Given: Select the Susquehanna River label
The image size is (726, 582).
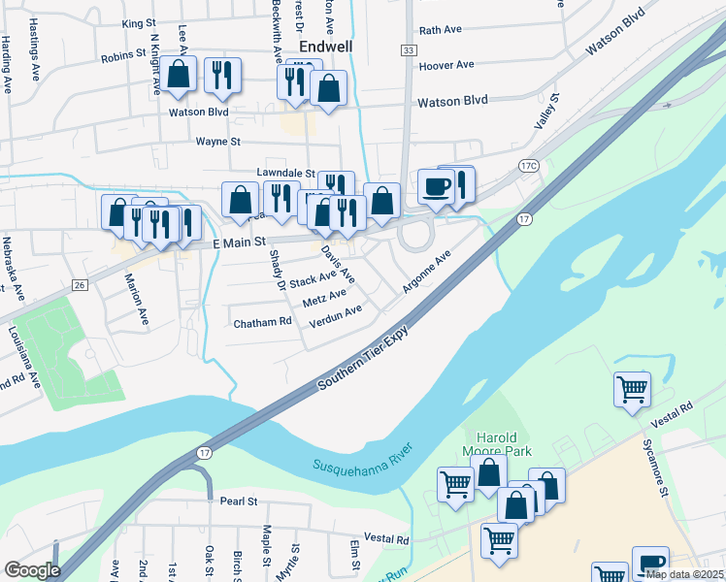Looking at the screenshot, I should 363,459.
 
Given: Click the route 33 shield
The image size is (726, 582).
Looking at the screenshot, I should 408,48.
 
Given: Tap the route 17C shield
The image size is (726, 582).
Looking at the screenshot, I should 528,166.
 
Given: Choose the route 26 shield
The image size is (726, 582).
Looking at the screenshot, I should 80,284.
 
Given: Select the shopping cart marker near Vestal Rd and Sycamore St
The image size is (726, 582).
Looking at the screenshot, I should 632,390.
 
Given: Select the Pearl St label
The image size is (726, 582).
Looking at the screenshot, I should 238,501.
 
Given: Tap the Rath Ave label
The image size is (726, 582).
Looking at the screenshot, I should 440,30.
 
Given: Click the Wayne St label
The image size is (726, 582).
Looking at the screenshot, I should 217,141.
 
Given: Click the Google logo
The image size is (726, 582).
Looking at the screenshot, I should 31,570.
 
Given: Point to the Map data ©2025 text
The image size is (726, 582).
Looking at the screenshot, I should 684,574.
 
